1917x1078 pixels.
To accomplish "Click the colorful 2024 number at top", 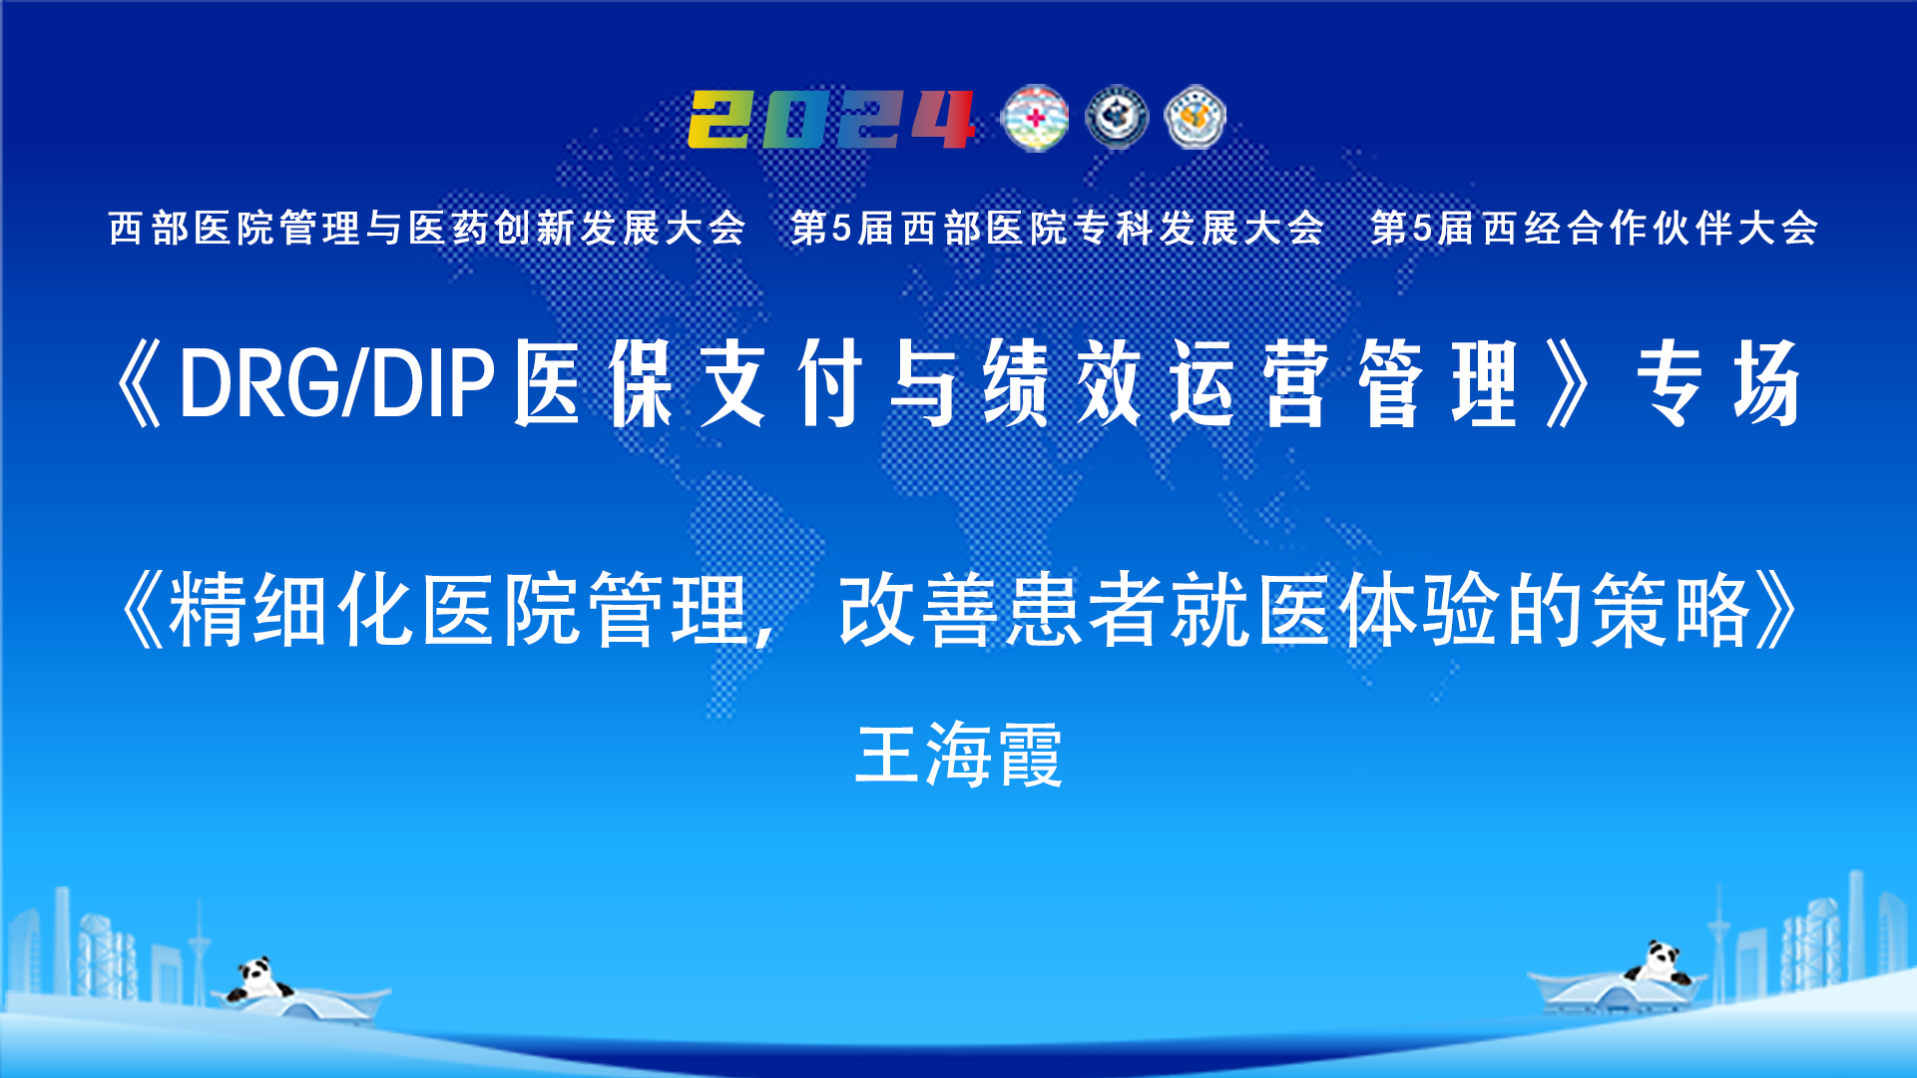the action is tap(831, 120).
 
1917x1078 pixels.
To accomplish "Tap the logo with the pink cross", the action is tap(1035, 119).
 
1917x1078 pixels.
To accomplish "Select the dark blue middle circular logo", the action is tap(1117, 118).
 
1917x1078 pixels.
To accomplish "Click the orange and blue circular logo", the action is tap(1196, 118).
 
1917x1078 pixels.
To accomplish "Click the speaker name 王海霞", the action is tap(959, 755).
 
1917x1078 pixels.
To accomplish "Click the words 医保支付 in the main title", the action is tap(689, 383).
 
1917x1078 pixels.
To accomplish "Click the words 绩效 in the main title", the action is tap(1063, 383).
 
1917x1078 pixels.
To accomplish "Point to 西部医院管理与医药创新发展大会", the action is tap(427, 229).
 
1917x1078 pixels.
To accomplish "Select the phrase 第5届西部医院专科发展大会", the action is tap(1057, 229).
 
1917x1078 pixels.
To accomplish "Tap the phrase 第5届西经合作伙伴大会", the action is tap(1594, 229).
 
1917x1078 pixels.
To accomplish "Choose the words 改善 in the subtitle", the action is tap(919, 610).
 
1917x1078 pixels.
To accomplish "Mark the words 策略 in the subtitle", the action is tap(1673, 610).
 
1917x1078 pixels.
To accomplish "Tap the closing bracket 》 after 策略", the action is tap(1778, 610).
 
